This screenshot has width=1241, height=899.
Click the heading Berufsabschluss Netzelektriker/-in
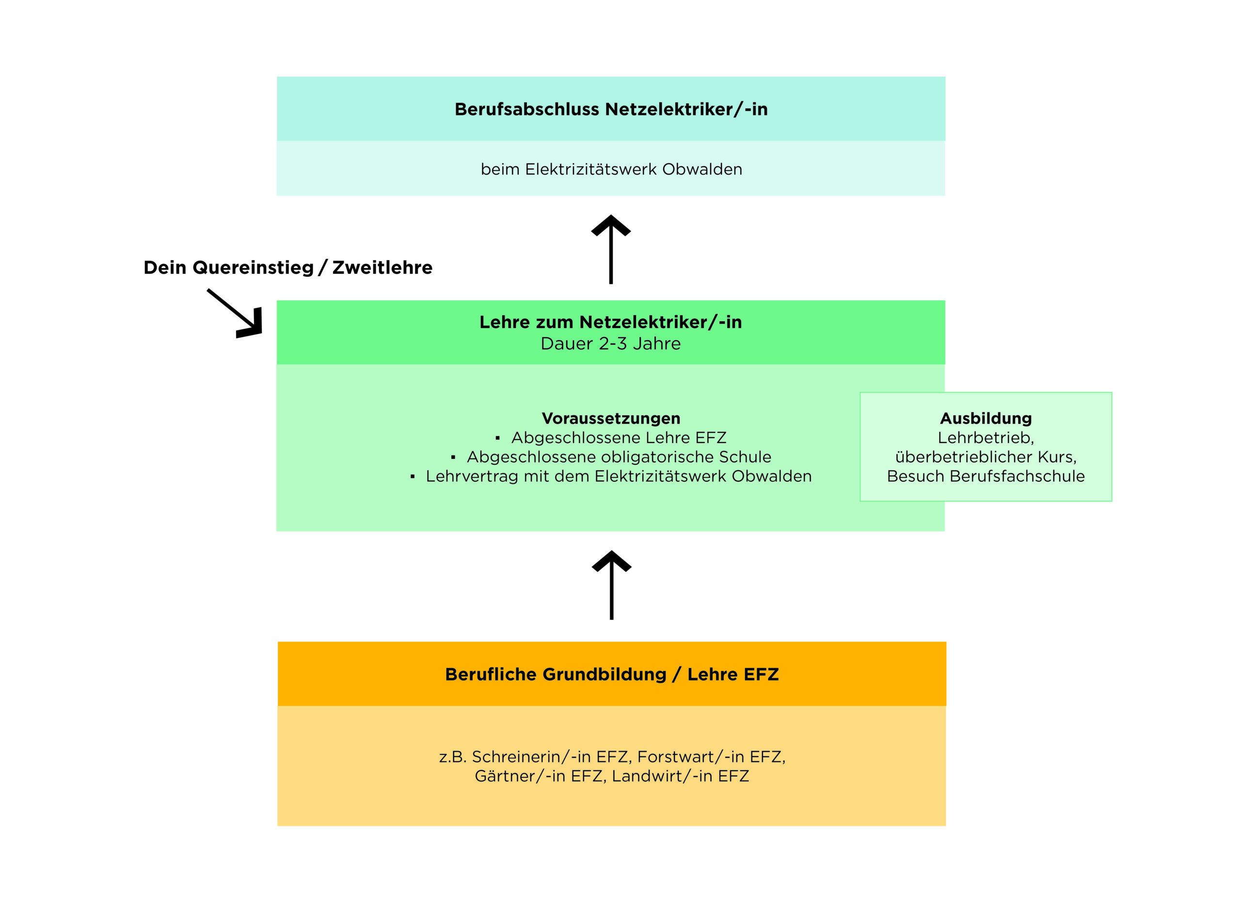click(x=611, y=110)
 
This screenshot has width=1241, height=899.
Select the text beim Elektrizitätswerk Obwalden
click(x=611, y=170)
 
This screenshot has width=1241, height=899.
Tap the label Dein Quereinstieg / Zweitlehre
click(x=288, y=268)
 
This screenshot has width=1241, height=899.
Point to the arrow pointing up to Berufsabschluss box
click(x=611, y=249)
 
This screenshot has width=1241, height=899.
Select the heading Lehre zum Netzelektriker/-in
click(x=611, y=322)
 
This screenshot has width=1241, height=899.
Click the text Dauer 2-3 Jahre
click(x=611, y=344)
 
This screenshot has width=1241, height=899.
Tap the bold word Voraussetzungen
click(x=611, y=418)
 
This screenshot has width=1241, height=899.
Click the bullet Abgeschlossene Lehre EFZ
click(x=618, y=438)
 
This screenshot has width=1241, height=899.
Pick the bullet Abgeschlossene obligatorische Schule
click(x=618, y=457)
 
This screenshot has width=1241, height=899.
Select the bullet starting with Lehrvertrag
click(x=618, y=476)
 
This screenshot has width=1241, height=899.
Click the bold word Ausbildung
click(x=986, y=418)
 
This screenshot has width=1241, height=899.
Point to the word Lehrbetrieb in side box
click(x=986, y=438)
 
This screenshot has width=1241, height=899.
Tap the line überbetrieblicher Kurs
click(x=986, y=457)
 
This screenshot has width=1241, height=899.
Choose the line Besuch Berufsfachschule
click(x=986, y=476)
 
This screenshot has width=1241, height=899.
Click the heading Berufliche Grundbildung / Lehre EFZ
click(x=612, y=674)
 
